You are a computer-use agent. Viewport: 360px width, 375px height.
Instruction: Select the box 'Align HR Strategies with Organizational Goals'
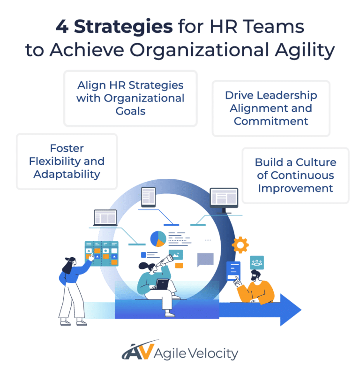[x=130, y=98]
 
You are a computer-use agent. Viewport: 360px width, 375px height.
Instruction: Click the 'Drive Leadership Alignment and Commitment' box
[x=271, y=108]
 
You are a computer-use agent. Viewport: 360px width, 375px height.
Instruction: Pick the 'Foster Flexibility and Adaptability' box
[x=67, y=161]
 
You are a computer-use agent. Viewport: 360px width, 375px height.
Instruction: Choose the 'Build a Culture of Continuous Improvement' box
[x=295, y=175]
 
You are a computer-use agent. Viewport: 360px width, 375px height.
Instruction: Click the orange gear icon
[x=240, y=245]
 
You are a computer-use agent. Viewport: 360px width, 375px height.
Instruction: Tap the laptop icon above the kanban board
[x=105, y=217]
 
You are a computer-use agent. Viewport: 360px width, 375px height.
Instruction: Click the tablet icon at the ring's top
[x=149, y=197]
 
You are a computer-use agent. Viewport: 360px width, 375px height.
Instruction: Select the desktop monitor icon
[x=224, y=199]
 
